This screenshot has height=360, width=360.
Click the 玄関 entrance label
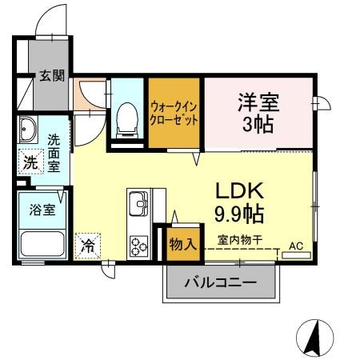(53, 77)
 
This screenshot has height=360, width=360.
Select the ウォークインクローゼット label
(174, 114)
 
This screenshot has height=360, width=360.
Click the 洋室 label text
(258, 102)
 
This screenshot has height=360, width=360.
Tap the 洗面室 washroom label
(54, 151)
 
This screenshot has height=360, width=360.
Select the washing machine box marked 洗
(29, 161)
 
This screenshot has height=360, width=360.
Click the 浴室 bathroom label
(42, 210)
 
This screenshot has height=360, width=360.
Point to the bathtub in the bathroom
(42, 246)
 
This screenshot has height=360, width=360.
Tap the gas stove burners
(140, 245)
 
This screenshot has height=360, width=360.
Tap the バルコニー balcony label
(220, 282)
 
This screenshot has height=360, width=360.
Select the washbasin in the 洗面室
(28, 129)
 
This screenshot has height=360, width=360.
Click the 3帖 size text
(258, 126)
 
